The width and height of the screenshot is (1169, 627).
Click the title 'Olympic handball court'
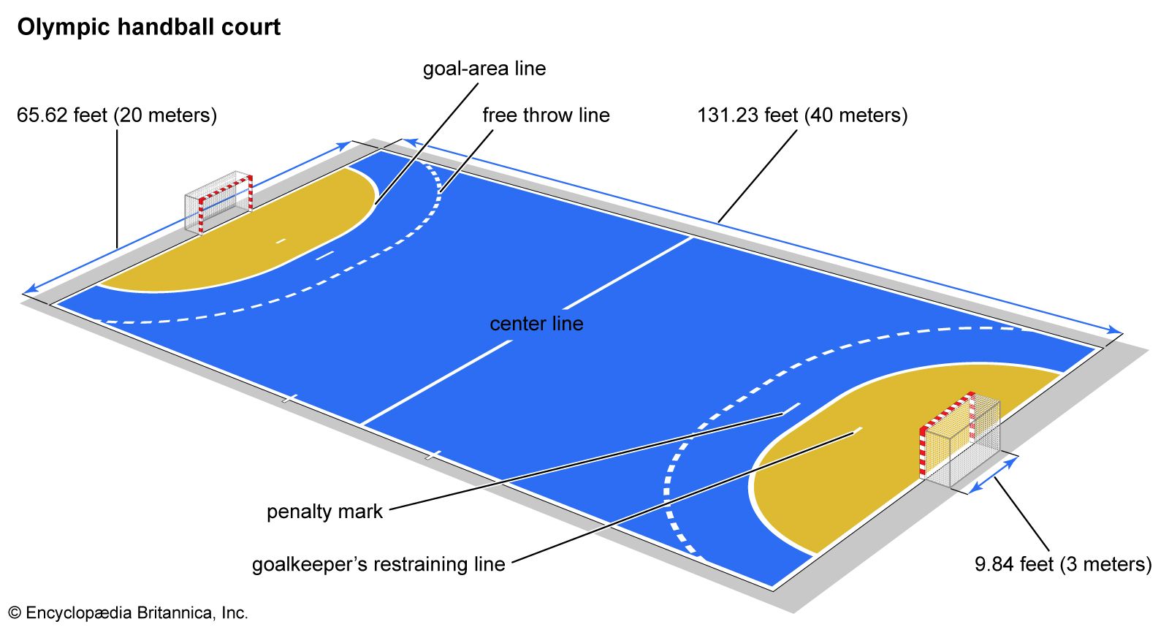coord(149,28)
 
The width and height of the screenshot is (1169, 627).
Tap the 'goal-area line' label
coord(484,69)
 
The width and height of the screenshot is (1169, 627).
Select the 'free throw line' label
coord(546,115)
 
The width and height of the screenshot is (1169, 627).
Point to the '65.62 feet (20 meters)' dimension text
coord(117,115)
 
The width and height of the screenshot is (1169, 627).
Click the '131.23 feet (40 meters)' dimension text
coord(802,115)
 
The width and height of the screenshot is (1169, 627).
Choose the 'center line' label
coord(536,324)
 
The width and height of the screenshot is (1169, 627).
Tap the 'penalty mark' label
coord(324,512)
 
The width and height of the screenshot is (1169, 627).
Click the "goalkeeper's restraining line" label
coord(378,564)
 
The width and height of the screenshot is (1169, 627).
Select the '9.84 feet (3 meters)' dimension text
coord(1063,564)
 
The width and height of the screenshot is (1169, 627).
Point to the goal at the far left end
coord(218,201)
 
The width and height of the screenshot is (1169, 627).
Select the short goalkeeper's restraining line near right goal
coord(856,431)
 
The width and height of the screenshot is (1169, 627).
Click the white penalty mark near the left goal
coord(324,255)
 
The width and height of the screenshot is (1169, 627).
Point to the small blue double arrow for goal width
coord(992,476)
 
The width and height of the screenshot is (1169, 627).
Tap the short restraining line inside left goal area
coord(281,240)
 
